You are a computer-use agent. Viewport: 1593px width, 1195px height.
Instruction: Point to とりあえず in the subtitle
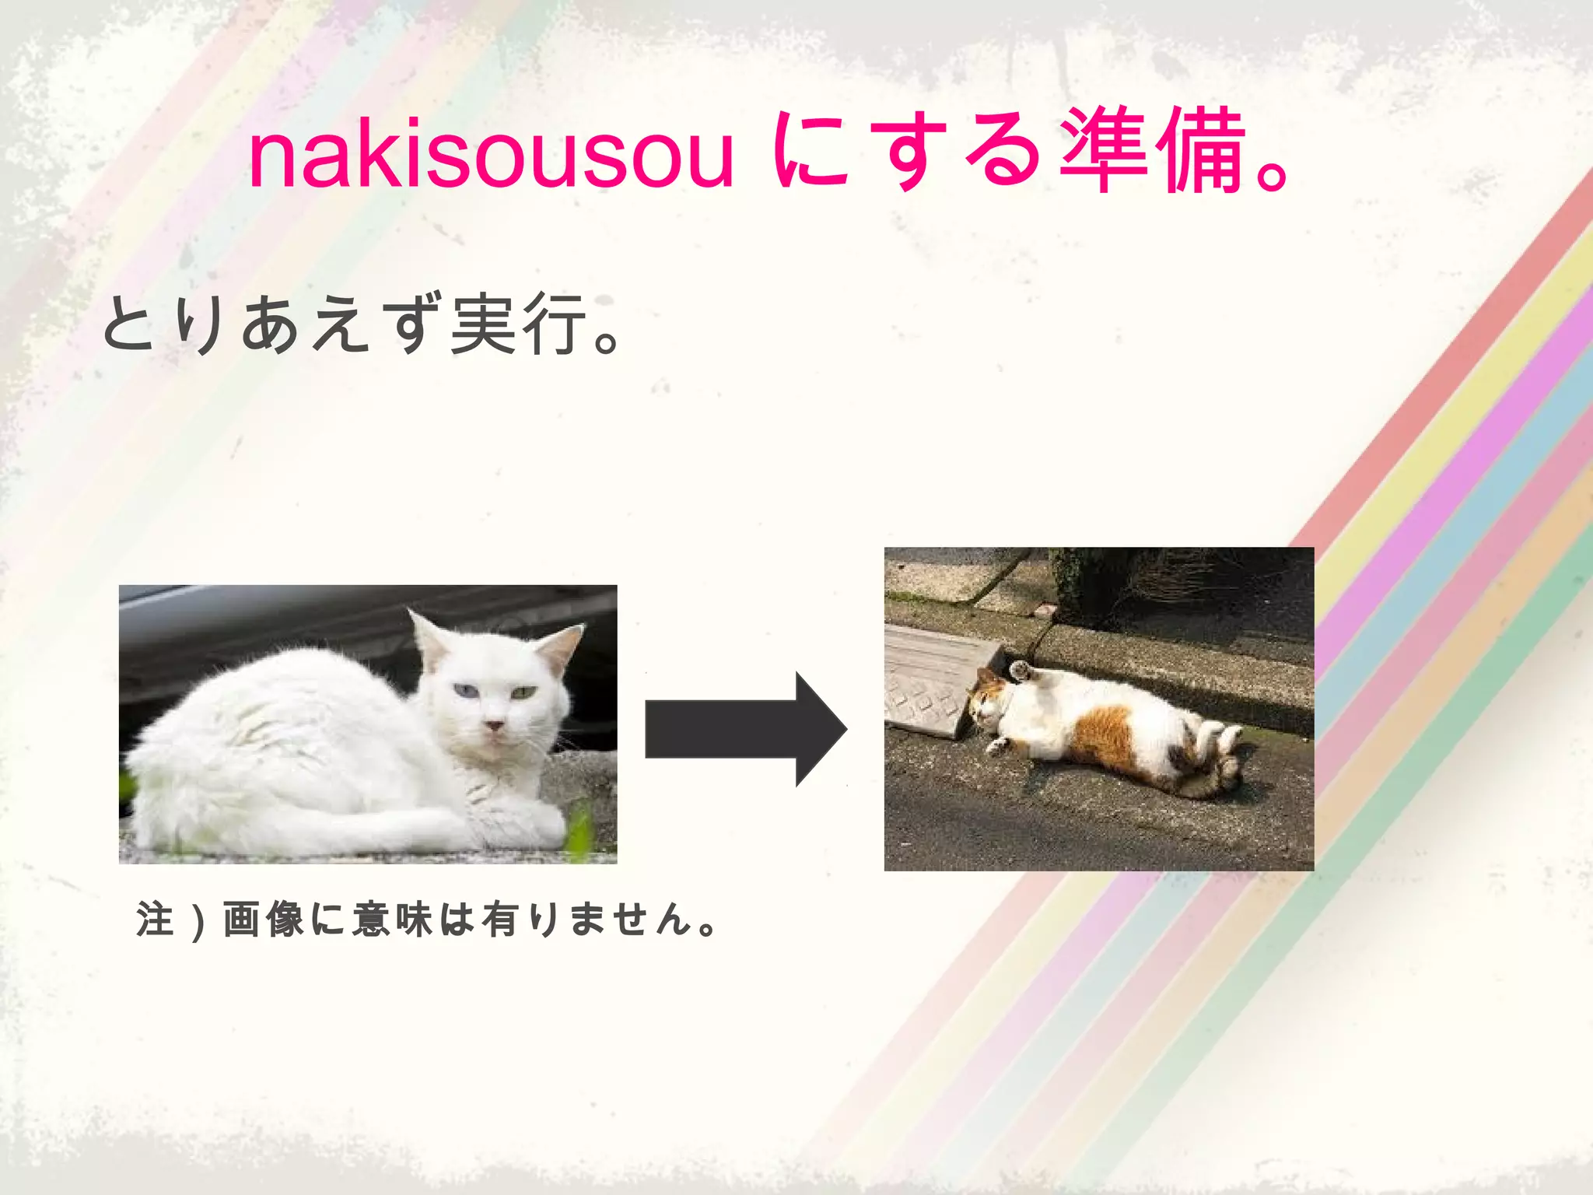(272, 325)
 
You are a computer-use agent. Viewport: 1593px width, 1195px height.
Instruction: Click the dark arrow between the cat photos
(745, 729)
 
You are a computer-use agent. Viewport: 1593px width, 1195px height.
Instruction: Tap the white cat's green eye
(523, 692)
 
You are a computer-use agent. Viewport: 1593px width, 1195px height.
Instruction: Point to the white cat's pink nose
(493, 726)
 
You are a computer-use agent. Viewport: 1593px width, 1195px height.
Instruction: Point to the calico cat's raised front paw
(1019, 668)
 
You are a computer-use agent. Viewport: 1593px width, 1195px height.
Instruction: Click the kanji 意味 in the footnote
(392, 919)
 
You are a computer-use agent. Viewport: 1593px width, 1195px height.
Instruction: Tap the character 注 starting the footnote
(155, 919)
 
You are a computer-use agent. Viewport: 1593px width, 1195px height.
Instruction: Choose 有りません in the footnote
(587, 919)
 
